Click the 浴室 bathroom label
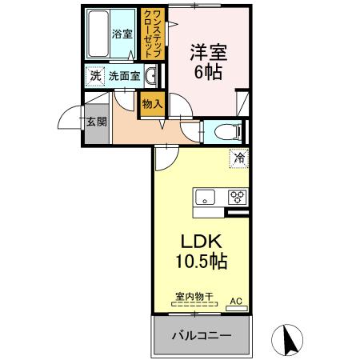coord(122,34)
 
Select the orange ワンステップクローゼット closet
coord(150,34)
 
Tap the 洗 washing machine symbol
coord(94,77)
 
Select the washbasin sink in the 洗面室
coord(150,76)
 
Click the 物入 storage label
coord(152,102)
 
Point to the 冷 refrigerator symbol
coord(238,158)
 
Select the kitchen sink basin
coord(203,195)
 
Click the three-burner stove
coord(237,195)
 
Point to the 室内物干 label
coord(194,296)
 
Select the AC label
coord(236,301)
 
